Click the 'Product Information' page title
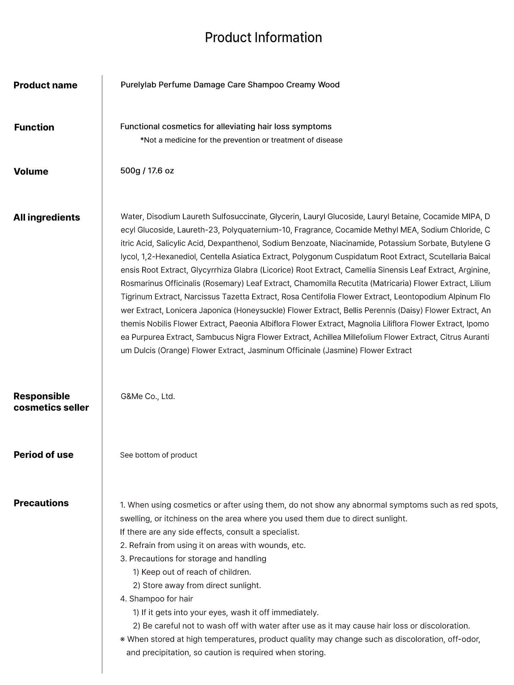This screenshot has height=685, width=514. tap(263, 37)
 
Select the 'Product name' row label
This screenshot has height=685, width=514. tap(45, 85)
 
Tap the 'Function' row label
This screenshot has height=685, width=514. tap(34, 127)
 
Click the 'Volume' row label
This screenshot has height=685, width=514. tap(31, 171)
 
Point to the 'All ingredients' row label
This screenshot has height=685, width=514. tap(47, 217)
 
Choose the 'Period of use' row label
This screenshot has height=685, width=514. tap(44, 455)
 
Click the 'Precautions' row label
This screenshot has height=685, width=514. tap(41, 503)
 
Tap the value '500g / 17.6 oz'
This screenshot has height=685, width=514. tap(147, 171)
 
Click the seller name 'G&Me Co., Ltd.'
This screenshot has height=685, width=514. tap(148, 397)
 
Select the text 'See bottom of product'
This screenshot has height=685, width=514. tap(159, 455)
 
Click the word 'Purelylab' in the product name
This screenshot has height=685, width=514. tap(138, 85)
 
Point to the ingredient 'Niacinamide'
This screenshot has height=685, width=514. tap(352, 244)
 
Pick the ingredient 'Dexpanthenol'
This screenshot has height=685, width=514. tap(233, 244)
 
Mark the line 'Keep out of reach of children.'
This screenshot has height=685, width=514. tap(196, 572)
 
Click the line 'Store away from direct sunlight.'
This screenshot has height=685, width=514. tap(201, 586)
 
